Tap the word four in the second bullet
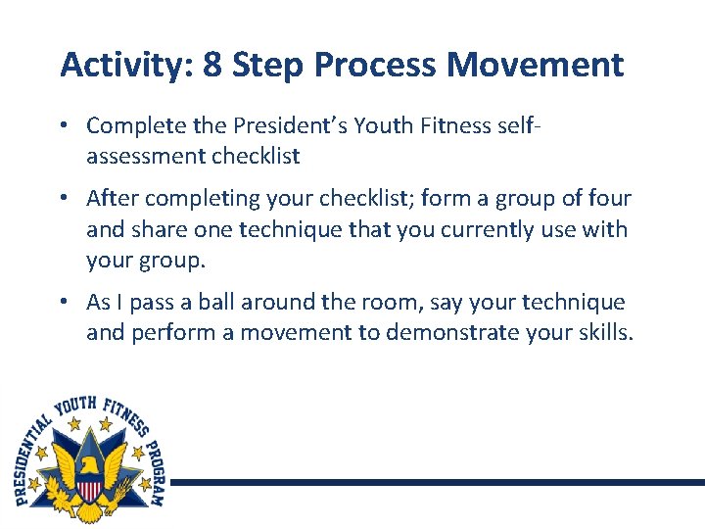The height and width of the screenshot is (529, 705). click(608, 199)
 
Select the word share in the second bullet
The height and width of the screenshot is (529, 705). click(160, 229)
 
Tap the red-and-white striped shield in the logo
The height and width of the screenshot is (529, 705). click(90, 487)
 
